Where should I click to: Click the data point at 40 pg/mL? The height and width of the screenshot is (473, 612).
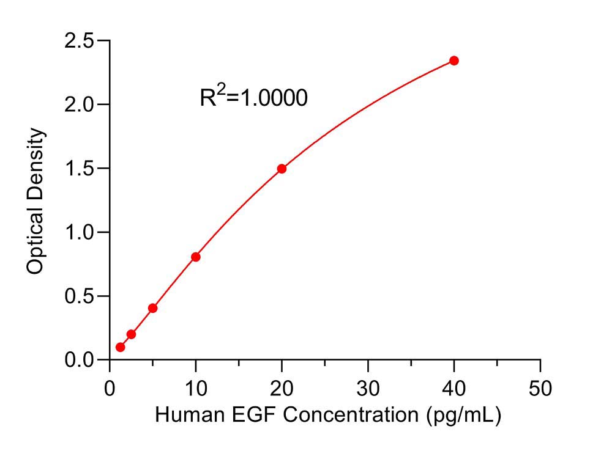[454, 61]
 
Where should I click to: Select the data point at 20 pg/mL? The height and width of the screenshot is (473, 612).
[282, 169]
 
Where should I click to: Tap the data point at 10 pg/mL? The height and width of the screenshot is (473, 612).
[196, 257]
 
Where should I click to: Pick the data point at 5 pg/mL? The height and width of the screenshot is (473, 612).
[153, 308]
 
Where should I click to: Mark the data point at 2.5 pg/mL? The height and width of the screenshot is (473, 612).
[132, 334]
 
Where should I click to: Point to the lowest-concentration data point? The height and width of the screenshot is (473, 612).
[121, 347]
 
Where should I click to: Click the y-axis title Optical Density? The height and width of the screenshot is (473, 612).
[35, 201]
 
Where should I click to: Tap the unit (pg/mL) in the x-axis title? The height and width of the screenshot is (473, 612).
[464, 416]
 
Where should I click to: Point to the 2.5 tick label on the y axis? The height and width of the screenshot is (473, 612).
[80, 40]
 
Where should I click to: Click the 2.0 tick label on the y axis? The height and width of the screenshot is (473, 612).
[80, 105]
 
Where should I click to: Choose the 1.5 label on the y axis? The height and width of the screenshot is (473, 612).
[80, 168]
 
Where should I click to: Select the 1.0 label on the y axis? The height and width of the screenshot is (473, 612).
[80, 232]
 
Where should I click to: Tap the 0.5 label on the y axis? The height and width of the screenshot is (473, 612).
[80, 296]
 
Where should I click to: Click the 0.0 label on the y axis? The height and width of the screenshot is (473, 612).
[80, 360]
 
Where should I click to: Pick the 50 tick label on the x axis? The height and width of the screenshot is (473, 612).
[540, 389]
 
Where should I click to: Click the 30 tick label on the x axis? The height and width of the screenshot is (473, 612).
[368, 389]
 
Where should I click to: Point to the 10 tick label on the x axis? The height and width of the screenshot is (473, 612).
[196, 389]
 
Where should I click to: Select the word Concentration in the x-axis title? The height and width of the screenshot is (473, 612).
[351, 414]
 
